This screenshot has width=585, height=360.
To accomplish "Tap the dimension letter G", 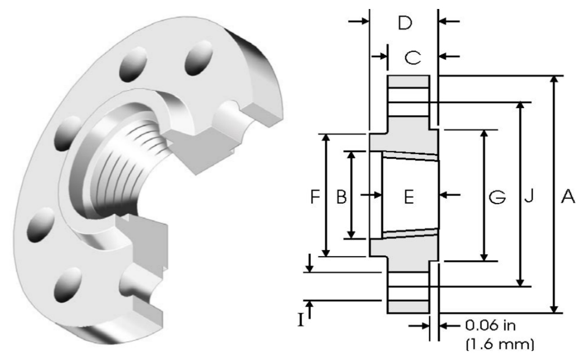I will [498, 196].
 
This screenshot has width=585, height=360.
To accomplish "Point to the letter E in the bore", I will [409, 196].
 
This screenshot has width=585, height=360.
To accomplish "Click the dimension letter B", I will [342, 196].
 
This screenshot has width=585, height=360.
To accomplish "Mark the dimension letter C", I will [412, 57].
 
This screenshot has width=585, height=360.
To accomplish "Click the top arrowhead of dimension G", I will [484, 134].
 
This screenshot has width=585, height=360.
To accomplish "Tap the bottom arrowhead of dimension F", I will [327, 252].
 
